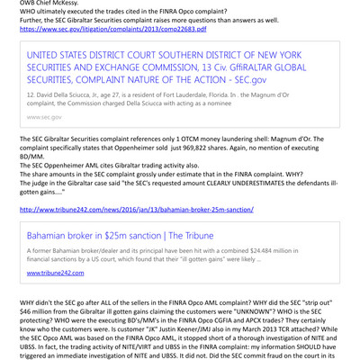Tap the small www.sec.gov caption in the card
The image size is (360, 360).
pos(44,116)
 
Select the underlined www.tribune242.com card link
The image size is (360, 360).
pos(56,272)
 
